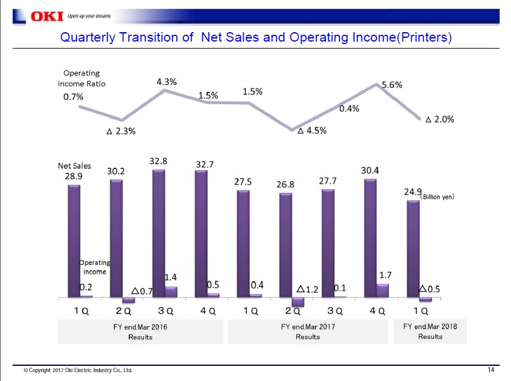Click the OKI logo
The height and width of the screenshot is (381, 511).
click(x=28, y=16)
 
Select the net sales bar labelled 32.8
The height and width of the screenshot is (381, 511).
click(x=159, y=233)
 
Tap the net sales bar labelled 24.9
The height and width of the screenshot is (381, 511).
click(x=413, y=249)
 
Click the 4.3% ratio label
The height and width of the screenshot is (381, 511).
click(x=166, y=81)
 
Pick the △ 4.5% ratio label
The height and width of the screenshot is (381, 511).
click(x=312, y=131)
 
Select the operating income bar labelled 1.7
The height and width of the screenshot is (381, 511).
click(x=382, y=290)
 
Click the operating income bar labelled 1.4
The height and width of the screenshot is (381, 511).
click(x=171, y=291)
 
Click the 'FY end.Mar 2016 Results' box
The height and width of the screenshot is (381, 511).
click(x=140, y=332)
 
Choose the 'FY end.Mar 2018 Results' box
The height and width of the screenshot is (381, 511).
click(x=430, y=331)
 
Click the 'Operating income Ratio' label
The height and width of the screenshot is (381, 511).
click(x=81, y=79)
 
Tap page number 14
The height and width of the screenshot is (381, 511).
click(x=491, y=370)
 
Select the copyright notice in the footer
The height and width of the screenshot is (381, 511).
click(x=78, y=370)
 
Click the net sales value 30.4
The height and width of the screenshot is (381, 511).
click(x=370, y=170)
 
